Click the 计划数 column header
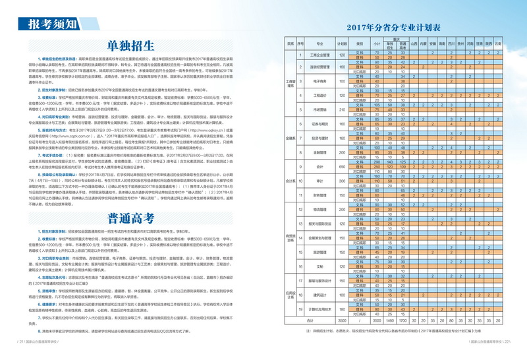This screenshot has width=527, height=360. click(x=342, y=44)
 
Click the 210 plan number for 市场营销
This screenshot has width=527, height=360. click(x=342, y=109)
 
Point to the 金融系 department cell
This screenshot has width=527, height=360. click(x=290, y=139)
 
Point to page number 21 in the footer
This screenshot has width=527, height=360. click(x=21, y=342)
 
